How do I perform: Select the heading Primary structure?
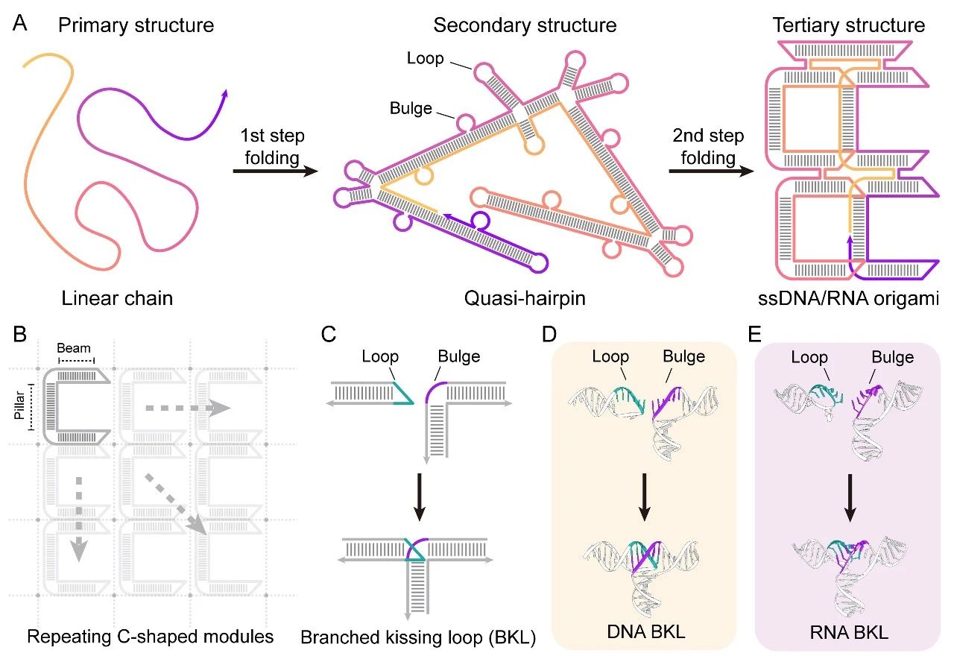pos(136,25)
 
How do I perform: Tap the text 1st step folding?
pos(271,148)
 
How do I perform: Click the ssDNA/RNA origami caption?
pos(847,300)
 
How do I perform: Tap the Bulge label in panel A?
pos(411,109)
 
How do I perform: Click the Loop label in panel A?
pos(426,58)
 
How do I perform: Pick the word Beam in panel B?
pos(75,348)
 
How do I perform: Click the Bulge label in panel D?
pos(683,356)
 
